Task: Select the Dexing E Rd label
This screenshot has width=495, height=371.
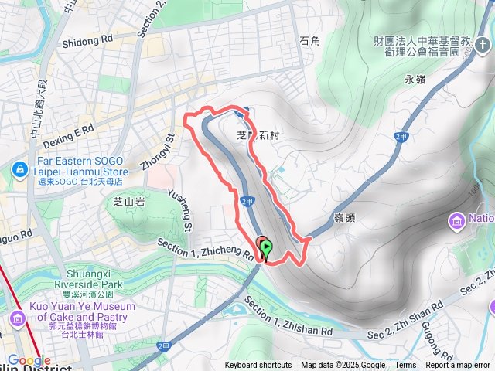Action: [69, 132]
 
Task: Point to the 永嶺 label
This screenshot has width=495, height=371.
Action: [415, 80]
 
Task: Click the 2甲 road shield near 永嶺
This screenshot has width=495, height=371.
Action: [400, 137]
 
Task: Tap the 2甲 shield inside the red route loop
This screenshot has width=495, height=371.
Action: [247, 201]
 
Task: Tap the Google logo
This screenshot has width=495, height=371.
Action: [29, 361]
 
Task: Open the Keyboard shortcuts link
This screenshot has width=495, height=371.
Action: [258, 366]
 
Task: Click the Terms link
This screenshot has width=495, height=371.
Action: [405, 366]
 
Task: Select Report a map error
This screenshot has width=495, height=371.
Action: [459, 366]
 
